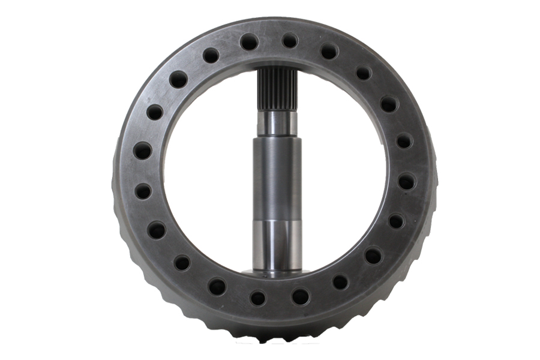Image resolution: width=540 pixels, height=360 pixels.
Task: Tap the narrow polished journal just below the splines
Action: click(x=277, y=123)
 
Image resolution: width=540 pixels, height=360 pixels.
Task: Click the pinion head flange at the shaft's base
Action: click(x=275, y=273)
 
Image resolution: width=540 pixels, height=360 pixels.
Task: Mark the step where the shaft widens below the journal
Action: click(x=277, y=137)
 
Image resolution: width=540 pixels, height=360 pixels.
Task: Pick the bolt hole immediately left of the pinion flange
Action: click(x=258, y=298)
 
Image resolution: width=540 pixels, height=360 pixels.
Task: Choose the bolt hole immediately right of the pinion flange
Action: click(x=300, y=296)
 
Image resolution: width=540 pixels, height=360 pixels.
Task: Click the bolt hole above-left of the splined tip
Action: click(x=249, y=42)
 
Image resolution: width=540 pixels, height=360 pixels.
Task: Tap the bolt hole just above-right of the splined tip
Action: click(x=290, y=41)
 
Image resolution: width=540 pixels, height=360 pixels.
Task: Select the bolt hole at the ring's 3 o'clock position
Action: click(x=406, y=181)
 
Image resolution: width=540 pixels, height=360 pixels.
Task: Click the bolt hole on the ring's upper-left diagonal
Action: click(x=178, y=79)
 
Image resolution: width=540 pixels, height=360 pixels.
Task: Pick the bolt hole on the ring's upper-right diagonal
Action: click(x=364, y=73)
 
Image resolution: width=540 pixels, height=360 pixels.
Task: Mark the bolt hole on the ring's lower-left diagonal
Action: click(x=182, y=263)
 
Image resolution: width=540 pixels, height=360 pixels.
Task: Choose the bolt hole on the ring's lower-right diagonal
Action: click(x=373, y=256)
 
